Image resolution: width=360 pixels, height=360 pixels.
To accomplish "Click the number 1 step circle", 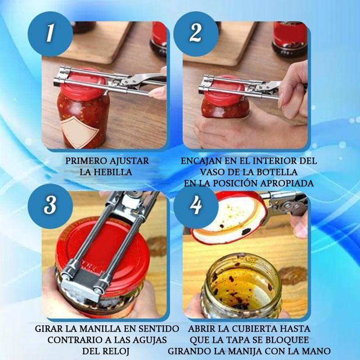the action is (x=50, y=34).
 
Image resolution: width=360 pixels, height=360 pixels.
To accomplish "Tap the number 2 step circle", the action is (x=196, y=34).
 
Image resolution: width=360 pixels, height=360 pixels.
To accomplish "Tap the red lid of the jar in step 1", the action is (x=84, y=83).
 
